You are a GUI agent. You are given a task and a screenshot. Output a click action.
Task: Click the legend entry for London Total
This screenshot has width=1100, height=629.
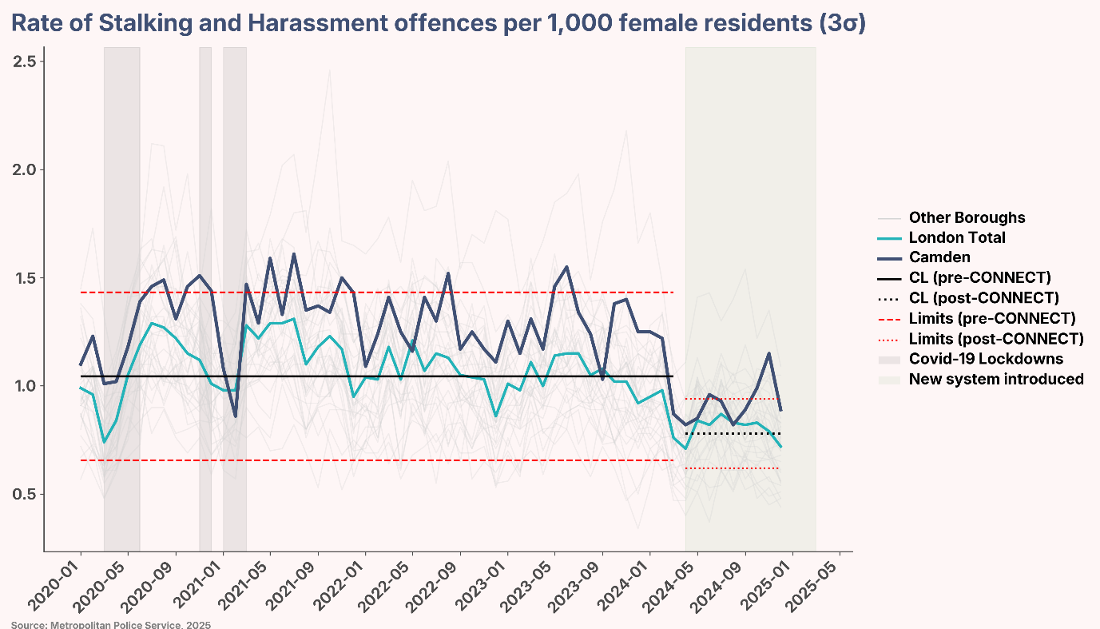pyautogui.click(x=957, y=237)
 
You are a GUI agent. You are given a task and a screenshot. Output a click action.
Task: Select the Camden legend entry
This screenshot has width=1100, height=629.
pyautogui.click(x=939, y=257)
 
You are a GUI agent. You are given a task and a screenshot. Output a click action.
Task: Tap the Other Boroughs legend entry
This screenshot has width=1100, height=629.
pyautogui.click(x=967, y=217)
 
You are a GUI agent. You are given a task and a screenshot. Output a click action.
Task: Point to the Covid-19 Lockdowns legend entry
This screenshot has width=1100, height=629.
pyautogui.click(x=986, y=359)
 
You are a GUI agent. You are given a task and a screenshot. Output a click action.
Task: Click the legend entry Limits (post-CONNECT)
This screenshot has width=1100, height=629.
pyautogui.click(x=996, y=338)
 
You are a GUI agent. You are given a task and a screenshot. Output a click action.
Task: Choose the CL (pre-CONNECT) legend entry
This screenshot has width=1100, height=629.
pyautogui.click(x=979, y=277)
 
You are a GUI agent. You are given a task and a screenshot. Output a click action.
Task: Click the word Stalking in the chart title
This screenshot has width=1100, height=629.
pyautogui.click(x=136, y=24)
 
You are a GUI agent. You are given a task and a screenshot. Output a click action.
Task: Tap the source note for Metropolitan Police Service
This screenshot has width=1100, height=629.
pyautogui.click(x=111, y=624)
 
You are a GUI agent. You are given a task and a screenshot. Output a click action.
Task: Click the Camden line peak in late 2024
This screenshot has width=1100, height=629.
pyautogui.click(x=768, y=353)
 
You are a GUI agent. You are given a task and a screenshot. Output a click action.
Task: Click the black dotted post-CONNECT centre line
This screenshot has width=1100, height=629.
pyautogui.click(x=733, y=434)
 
